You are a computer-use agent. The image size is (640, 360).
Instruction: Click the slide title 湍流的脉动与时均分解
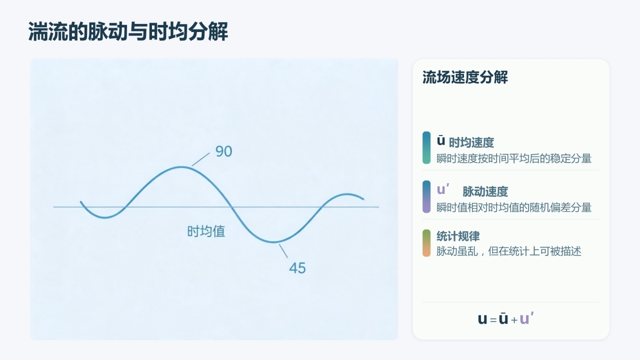click(x=128, y=31)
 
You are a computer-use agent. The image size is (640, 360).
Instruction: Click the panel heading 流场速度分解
click(x=465, y=77)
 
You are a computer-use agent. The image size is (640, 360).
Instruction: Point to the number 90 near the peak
click(x=223, y=151)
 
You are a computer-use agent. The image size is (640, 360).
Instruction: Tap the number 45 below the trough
click(x=297, y=268)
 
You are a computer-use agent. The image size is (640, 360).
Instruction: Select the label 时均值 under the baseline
click(x=206, y=231)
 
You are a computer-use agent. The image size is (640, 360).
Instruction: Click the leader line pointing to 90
click(x=200, y=159)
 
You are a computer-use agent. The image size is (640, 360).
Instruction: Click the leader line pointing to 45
click(x=283, y=251)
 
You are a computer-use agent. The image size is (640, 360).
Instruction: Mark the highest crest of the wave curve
click(x=181, y=167)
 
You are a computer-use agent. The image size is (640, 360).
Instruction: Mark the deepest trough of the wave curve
click(x=273, y=242)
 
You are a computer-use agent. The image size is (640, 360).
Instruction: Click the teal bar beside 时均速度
click(x=426, y=147)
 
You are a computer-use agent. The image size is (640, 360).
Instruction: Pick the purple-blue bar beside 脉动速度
click(x=426, y=196)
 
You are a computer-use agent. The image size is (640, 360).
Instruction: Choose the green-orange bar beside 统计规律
click(x=426, y=243)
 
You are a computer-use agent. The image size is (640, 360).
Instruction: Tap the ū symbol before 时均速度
click(x=441, y=141)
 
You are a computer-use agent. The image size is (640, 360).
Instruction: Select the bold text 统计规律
click(x=458, y=236)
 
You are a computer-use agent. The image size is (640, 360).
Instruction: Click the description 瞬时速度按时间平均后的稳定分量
click(x=513, y=158)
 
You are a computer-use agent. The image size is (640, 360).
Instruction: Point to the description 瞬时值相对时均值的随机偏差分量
click(x=513, y=207)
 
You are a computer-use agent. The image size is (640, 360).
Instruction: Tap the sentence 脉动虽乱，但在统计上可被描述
click(x=508, y=251)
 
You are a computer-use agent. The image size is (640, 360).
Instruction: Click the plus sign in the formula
click(x=514, y=320)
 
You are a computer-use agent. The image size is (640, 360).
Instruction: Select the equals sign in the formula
click(x=493, y=320)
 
